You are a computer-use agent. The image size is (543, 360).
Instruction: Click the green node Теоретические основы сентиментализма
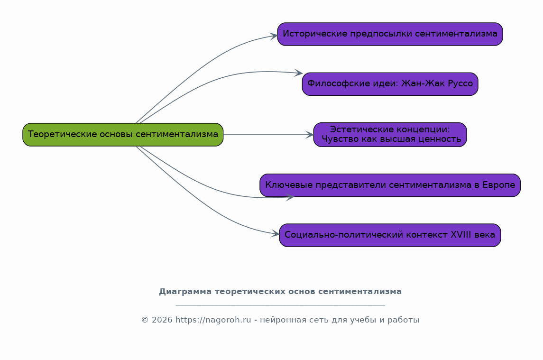123,134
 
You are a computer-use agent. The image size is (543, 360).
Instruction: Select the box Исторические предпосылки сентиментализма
390,34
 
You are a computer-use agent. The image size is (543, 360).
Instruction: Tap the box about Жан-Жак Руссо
390,84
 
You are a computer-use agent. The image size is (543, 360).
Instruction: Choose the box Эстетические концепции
390,134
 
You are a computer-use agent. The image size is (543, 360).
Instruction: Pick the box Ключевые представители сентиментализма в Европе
390,185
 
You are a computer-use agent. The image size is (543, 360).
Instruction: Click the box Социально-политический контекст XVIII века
390,235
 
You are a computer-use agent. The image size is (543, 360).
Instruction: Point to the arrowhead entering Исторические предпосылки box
274,36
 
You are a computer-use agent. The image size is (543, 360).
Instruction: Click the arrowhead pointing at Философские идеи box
298,73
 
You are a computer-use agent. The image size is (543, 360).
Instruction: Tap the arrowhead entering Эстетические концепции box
309,135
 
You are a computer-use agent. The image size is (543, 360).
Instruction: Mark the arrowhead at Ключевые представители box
290,197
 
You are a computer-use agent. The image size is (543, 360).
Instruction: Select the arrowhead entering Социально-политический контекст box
276,234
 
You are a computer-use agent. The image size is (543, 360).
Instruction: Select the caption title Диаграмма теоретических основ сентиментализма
280,291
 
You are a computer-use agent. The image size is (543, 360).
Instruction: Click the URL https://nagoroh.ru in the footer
213,320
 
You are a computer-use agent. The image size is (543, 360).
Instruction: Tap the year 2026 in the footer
162,320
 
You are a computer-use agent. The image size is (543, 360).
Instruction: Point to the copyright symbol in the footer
145,320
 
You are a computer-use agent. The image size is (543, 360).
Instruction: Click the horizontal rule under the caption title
280,305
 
